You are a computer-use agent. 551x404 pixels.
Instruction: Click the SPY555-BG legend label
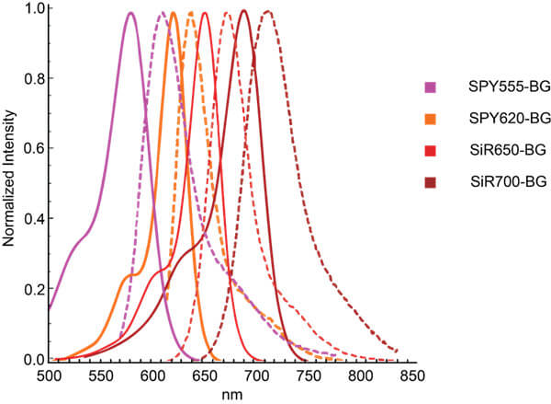pos(496,87)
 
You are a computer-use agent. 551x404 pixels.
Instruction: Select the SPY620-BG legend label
pos(496,118)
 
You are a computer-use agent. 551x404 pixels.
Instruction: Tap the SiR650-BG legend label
pos(495,150)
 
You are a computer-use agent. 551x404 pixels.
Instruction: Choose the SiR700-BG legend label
pos(496,183)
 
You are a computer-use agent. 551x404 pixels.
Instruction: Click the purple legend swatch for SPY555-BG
pos(428,87)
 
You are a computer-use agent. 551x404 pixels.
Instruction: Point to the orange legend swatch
pos(428,118)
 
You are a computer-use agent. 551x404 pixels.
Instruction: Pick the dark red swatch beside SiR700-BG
pos(428,183)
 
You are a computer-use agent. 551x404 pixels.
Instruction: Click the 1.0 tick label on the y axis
pos(30,9)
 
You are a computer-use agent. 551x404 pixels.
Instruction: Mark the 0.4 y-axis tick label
pos(30,219)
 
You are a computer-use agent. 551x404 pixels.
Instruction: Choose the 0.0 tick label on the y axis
pos(30,360)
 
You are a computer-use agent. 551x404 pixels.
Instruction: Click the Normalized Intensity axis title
pos(9,184)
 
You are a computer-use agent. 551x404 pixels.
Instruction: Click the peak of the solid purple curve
pos(130,13)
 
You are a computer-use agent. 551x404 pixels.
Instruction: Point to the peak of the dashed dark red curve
pos(267,12)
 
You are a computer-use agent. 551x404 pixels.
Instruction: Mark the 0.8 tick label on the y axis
pos(30,79)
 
